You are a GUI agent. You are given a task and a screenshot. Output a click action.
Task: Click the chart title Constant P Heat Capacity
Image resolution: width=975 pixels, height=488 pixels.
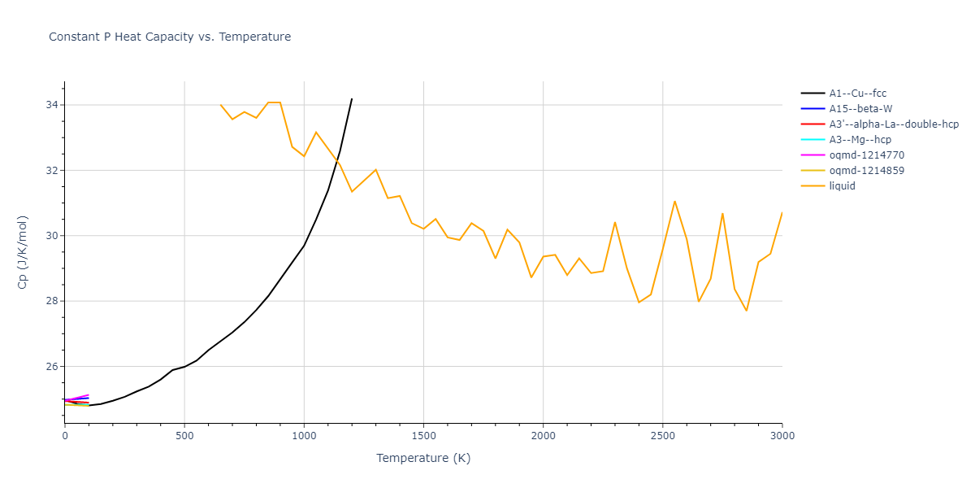pos(170,37)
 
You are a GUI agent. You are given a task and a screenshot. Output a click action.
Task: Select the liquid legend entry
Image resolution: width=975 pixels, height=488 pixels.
pos(842,186)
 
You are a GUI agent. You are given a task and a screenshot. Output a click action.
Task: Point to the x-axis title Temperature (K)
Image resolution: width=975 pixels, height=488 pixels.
pos(423,458)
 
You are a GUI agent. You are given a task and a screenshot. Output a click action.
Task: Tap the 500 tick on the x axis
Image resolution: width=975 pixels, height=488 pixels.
pos(184,436)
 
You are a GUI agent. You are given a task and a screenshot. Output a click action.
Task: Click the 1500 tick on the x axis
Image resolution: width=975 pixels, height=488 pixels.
pos(423,436)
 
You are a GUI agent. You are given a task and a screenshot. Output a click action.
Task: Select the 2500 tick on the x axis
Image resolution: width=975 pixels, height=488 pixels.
pos(662,436)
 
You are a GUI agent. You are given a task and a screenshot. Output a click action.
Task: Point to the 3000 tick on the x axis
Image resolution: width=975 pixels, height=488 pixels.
pos(782,436)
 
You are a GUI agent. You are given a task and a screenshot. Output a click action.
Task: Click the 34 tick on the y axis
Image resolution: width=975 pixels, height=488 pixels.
pos(52,105)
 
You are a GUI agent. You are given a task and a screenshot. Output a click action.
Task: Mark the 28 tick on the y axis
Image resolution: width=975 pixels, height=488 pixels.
pos(52,301)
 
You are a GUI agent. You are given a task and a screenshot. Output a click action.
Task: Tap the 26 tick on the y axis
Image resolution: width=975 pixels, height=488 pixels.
pos(52,366)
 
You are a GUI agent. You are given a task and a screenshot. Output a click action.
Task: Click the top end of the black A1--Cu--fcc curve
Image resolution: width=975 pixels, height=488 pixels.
pos(352,98)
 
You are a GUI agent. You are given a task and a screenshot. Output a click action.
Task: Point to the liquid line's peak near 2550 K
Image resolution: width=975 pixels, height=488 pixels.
pos(674,201)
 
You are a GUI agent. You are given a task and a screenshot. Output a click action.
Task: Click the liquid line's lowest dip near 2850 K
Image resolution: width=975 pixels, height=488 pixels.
pos(746,311)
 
